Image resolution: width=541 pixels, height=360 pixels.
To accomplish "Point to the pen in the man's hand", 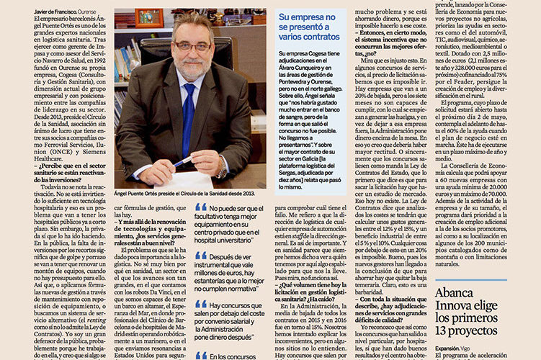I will tap(182, 161).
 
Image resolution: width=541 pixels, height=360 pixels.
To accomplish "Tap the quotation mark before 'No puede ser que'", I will tap(201, 207).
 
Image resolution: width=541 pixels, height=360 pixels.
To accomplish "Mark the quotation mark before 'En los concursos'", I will tap(201, 354).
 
